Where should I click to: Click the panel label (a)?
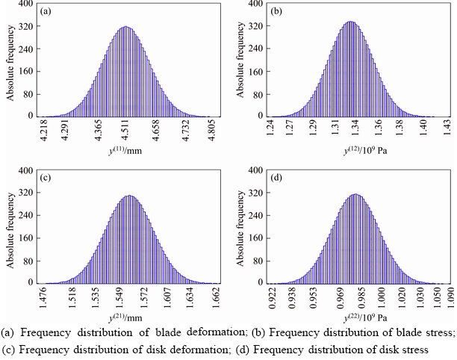[46, 11]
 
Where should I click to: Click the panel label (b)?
[276, 11]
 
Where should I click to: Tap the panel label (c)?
[46, 178]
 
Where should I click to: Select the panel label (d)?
[276, 178]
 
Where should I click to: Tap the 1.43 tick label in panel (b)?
[447, 129]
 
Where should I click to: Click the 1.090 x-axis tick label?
[447, 298]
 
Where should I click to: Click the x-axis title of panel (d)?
[358, 319]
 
